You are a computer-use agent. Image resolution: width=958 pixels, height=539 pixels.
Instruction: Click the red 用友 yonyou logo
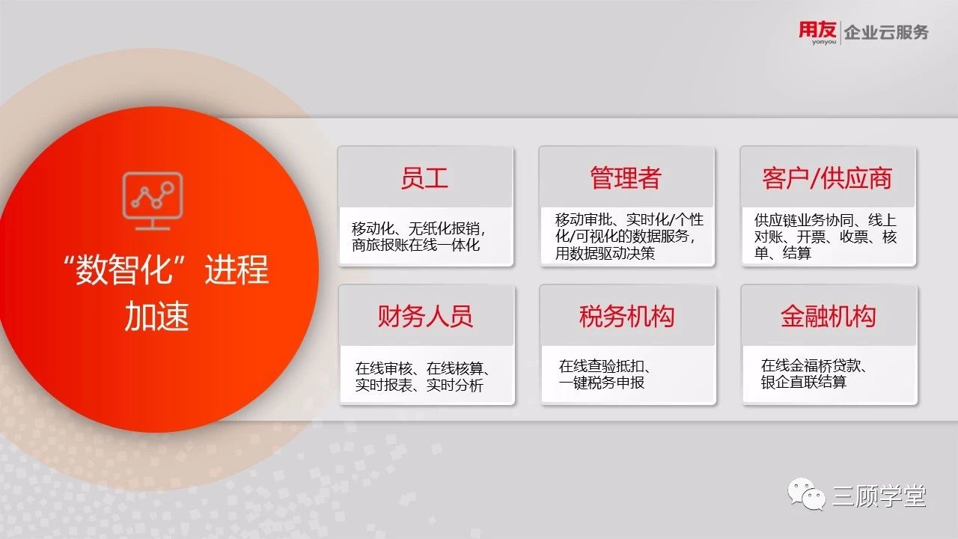tap(817, 32)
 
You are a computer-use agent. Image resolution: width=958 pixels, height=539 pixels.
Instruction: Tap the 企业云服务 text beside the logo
tap(886, 32)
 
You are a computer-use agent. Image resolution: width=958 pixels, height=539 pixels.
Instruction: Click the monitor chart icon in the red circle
tap(153, 201)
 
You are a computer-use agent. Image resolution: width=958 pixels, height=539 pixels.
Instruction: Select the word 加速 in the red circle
tap(157, 316)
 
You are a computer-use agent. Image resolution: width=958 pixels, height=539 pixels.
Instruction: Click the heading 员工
tap(424, 178)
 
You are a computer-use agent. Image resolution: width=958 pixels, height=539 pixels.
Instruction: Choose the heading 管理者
tap(626, 178)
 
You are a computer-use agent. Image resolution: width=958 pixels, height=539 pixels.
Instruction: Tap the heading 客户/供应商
tap(827, 178)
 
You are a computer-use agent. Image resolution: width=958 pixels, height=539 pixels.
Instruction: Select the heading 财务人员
tap(424, 317)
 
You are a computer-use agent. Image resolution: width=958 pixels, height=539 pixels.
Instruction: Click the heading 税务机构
tap(626, 317)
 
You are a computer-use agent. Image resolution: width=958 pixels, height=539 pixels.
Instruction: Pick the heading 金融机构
tap(828, 317)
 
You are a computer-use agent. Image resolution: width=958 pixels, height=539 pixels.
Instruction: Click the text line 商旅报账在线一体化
tap(415, 245)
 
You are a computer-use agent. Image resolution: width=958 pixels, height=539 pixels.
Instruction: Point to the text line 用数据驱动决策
tap(605, 253)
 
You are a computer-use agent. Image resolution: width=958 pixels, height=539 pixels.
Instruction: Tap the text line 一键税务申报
tap(601, 383)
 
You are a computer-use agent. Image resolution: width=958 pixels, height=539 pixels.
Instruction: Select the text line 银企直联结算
tap(803, 382)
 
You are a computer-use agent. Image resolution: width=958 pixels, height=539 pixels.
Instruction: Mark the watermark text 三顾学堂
tap(879, 496)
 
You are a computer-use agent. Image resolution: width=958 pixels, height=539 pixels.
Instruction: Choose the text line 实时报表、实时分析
tap(419, 385)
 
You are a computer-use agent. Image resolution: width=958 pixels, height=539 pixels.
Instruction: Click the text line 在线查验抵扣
tap(605, 366)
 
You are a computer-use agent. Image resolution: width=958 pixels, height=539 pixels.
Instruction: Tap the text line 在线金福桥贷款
tap(814, 366)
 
